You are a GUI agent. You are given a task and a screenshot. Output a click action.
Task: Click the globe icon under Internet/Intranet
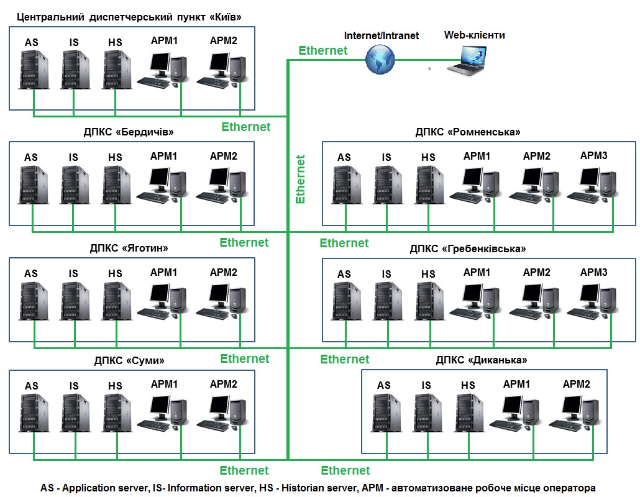coord(380,60)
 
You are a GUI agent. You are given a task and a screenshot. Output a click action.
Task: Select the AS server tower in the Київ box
coord(32,70)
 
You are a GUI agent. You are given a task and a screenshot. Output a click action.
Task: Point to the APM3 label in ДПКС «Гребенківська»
coord(593,272)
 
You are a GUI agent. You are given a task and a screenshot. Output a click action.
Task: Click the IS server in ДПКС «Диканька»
coord(426,413)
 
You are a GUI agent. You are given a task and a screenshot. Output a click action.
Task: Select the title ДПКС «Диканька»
coord(482,360)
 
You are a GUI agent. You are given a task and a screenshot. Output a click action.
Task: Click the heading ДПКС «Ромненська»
coord(468,132)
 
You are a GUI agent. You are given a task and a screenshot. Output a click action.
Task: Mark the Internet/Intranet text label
coord(382,35)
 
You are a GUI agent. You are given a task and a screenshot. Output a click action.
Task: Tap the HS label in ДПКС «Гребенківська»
coord(428,274)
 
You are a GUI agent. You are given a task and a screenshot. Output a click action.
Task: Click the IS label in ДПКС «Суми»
coord(74,386)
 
